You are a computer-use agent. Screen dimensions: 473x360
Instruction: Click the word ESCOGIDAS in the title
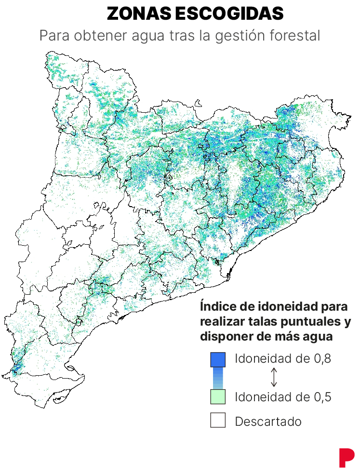(229, 14)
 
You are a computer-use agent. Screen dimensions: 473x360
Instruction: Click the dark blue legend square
(218, 359)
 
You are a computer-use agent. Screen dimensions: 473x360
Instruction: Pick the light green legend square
(218, 396)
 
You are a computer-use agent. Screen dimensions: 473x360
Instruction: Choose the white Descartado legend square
(218, 420)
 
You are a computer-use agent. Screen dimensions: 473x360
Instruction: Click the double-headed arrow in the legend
(274, 378)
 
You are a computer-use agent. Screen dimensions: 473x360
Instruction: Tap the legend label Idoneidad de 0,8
(283, 359)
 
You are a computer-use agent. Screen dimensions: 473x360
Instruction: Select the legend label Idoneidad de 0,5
(283, 397)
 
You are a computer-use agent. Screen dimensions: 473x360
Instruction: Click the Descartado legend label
(268, 421)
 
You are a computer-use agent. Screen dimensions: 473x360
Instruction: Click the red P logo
(346, 457)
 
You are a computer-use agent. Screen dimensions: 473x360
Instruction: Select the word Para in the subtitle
(54, 36)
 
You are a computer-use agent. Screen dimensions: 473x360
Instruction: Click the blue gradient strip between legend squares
(218, 378)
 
